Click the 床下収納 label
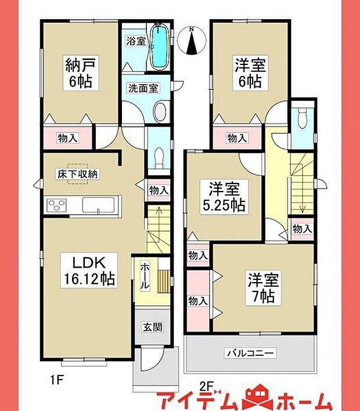[x=77, y=174]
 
